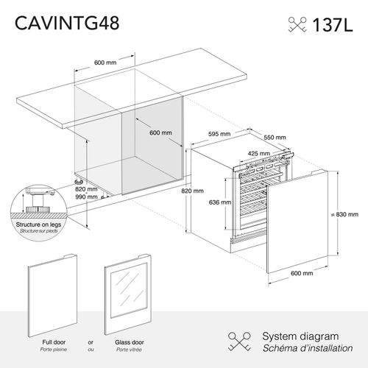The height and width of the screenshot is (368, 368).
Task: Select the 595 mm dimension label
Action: click(x=219, y=135)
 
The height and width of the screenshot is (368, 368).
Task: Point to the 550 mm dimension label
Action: click(x=275, y=137)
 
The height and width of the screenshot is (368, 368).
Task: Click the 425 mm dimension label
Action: click(x=257, y=154)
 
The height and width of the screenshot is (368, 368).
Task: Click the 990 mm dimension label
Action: click(x=87, y=197)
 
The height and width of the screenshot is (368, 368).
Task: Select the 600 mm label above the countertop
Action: click(x=105, y=63)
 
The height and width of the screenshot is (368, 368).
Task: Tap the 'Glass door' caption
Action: click(x=128, y=342)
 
